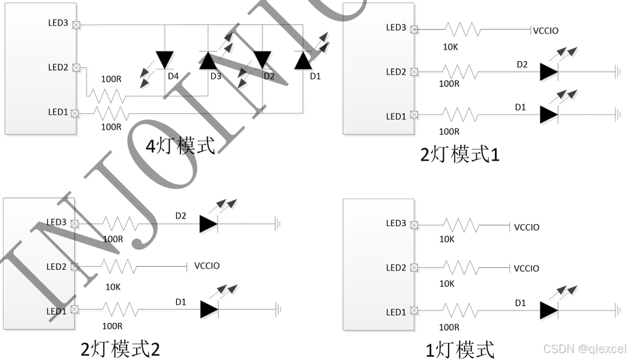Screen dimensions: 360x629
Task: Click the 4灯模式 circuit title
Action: pos(180,146)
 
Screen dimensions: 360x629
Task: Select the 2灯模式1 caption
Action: pos(459,153)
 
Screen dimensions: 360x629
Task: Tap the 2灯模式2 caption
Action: pos(120,348)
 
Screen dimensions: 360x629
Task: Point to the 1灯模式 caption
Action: pos(459,349)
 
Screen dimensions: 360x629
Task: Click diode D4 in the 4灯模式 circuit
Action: pos(165,60)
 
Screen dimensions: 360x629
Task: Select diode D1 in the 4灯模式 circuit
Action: pos(304,60)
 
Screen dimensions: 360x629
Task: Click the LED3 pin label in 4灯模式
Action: pos(58,23)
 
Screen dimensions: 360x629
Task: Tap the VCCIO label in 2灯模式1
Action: pos(545,31)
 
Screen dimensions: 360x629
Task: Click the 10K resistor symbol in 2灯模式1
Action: pos(462,29)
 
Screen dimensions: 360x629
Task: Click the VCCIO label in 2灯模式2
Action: pos(207,266)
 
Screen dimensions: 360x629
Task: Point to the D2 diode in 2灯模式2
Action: pos(208,224)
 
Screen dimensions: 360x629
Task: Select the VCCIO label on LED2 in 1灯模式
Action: pos(526,269)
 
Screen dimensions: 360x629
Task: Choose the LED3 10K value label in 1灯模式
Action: pos(447,239)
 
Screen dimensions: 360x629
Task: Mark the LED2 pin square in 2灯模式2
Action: pos(75,267)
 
